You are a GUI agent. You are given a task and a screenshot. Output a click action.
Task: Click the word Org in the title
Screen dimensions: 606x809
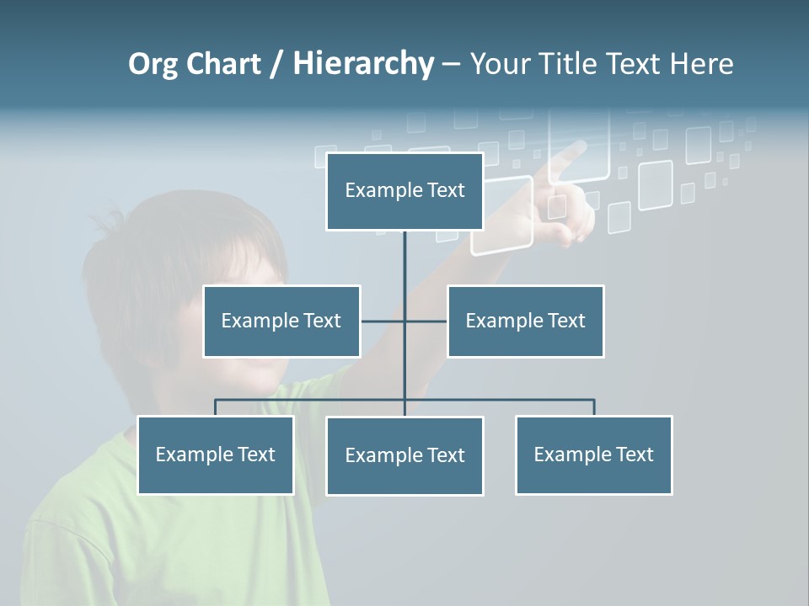(x=154, y=64)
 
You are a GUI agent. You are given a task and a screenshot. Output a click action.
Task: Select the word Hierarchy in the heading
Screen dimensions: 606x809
(x=363, y=64)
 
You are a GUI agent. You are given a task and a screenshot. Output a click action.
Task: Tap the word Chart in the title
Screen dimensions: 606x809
(x=223, y=64)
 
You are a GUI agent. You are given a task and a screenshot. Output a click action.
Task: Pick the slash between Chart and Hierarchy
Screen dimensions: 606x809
(x=276, y=65)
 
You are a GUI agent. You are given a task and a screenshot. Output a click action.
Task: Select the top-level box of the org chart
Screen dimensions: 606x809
(x=404, y=191)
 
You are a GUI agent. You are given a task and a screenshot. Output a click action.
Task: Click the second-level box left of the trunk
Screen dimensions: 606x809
(x=281, y=321)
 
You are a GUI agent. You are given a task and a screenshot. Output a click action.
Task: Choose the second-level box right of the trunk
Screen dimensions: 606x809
(x=525, y=321)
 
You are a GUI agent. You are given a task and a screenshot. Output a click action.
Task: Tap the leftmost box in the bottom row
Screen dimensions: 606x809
(x=215, y=454)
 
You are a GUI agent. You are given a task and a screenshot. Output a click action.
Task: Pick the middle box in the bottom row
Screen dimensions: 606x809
(x=404, y=455)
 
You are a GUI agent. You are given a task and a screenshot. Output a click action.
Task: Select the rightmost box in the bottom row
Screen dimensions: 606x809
(x=593, y=454)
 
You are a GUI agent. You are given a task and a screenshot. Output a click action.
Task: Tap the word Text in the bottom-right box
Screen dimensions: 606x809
(x=634, y=454)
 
